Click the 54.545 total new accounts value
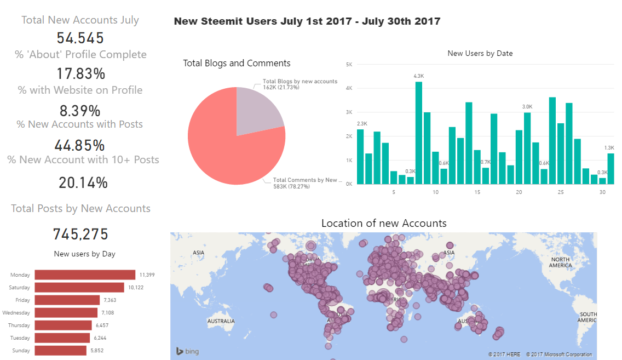coord(80,38)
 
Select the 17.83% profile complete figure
coord(80,74)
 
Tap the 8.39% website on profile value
coord(80,111)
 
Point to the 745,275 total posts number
coord(80,235)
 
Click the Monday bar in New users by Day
coord(85,275)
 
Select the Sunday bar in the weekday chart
coord(60,350)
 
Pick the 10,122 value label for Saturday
coord(135,287)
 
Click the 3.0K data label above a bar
coord(527,106)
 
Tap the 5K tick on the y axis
coord(349,65)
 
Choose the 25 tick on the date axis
coord(561,192)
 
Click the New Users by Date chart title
coord(480,53)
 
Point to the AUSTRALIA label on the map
coord(221,321)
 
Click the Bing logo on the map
coord(187,351)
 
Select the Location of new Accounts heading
coord(384,223)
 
